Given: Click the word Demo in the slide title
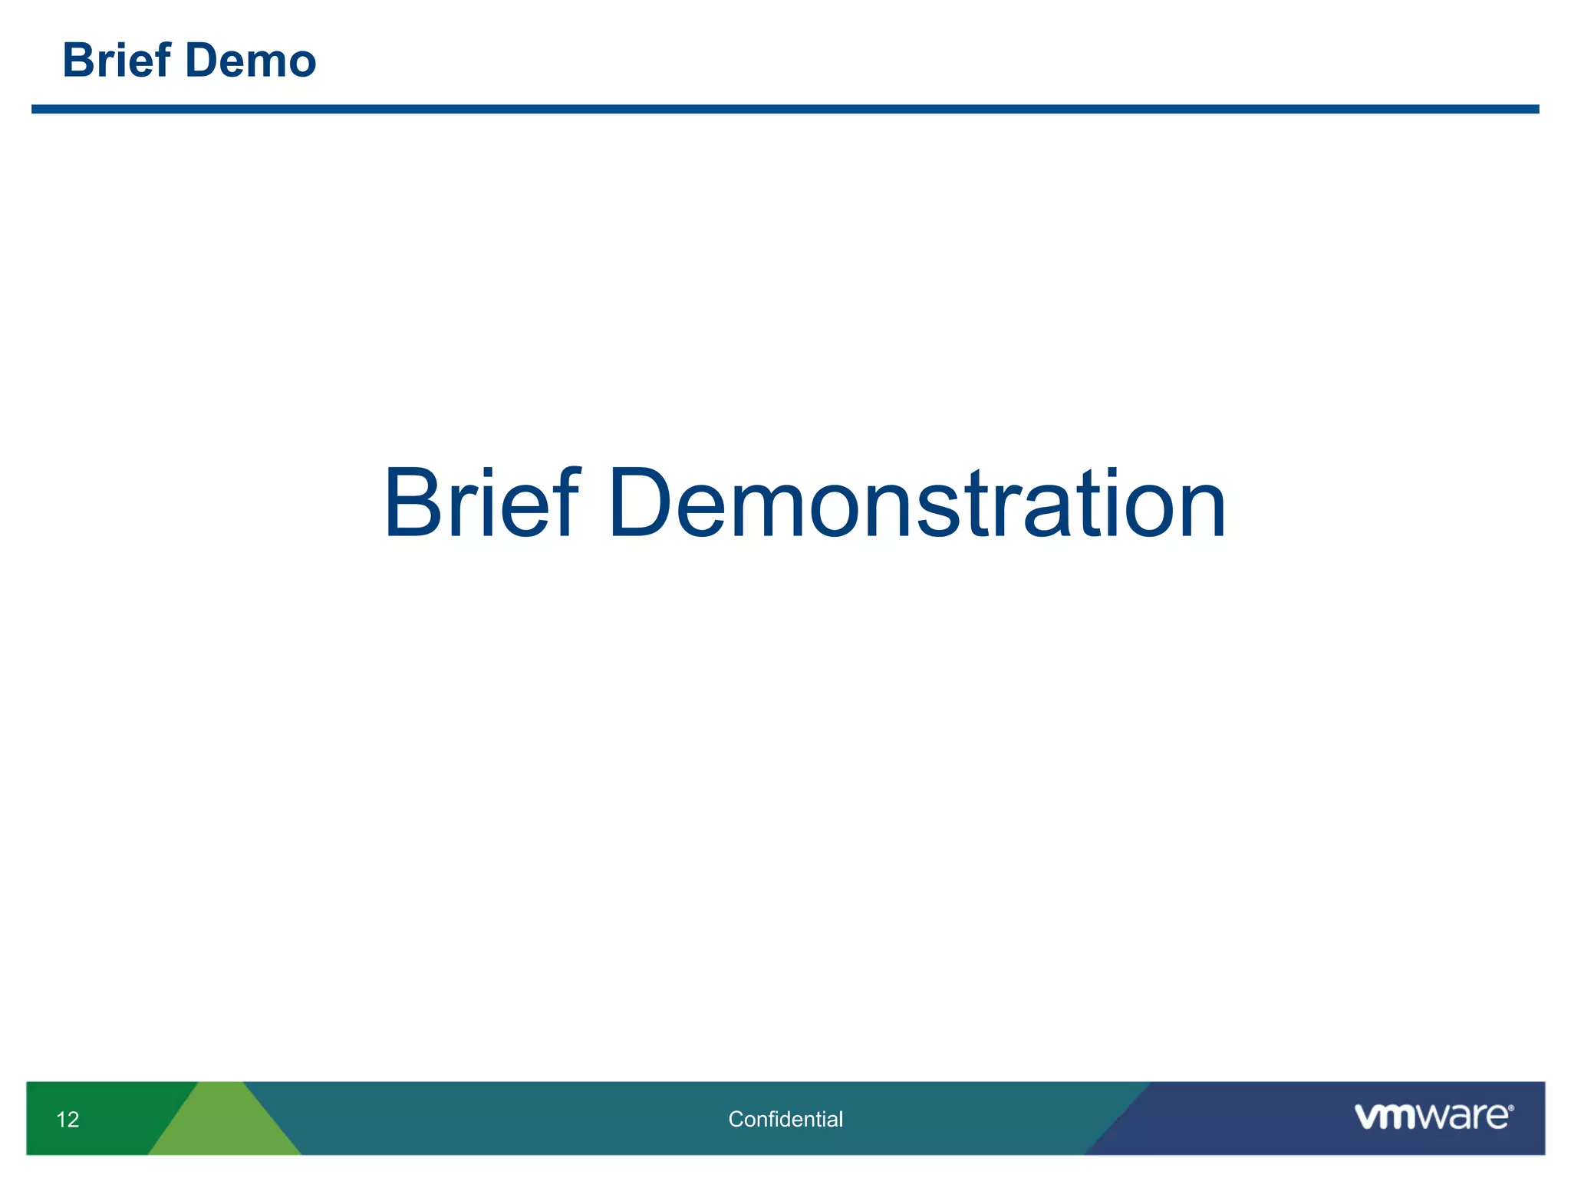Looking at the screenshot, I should coord(250,61).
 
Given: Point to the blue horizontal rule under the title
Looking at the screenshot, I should coord(785,110).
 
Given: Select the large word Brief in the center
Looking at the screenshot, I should coord(481,504).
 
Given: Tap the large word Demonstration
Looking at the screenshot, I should coord(917,504).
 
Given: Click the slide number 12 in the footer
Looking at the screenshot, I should coord(68,1120).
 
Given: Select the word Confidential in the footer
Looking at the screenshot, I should coord(785,1119).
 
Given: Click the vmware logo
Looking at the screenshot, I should coord(1433,1117).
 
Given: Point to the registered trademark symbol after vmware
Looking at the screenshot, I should coord(1510,1108).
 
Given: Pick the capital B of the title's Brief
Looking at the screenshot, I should coord(79,61).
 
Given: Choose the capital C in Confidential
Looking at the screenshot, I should coord(736,1119).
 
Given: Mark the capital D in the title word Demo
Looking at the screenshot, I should coord(201,61).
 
